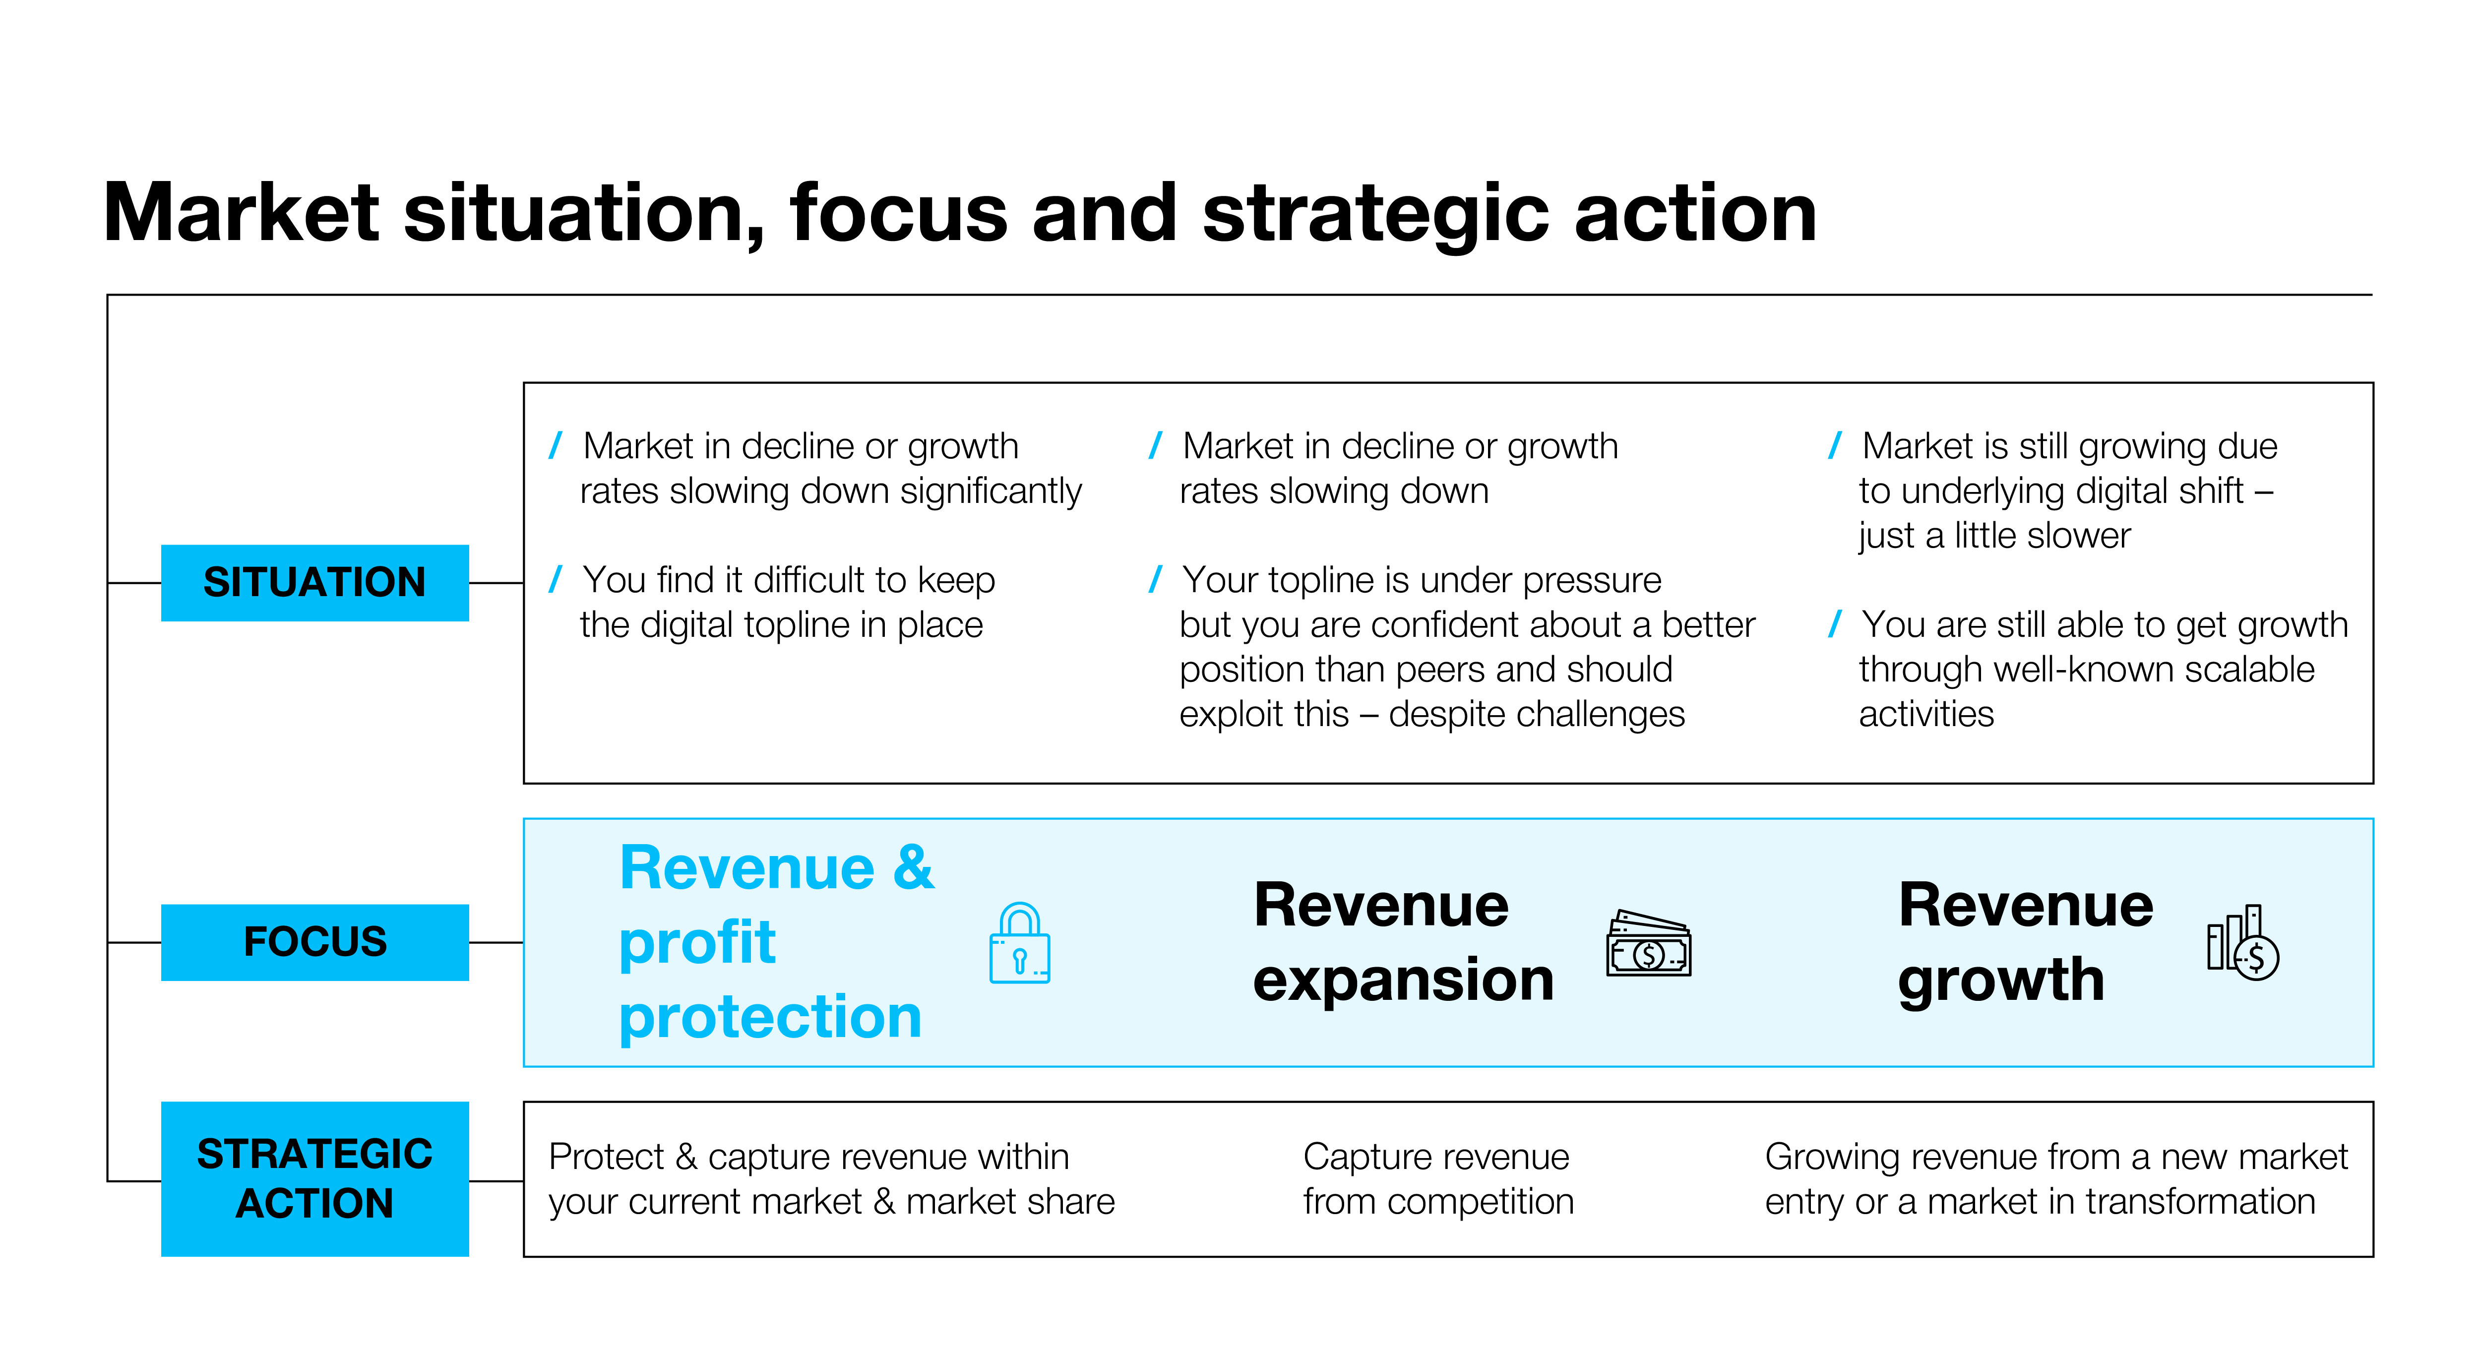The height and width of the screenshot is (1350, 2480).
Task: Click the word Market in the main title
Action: pyautogui.click(x=241, y=214)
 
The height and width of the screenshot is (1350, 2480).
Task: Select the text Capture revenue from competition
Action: pyautogui.click(x=1437, y=1178)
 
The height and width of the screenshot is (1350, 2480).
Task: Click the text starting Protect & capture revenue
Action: pyautogui.click(x=831, y=1178)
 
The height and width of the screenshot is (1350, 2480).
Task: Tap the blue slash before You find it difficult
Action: pyautogui.click(x=556, y=580)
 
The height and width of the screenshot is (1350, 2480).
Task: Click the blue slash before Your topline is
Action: pyautogui.click(x=1155, y=580)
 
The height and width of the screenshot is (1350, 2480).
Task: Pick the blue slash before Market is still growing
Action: pyautogui.click(x=1835, y=446)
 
